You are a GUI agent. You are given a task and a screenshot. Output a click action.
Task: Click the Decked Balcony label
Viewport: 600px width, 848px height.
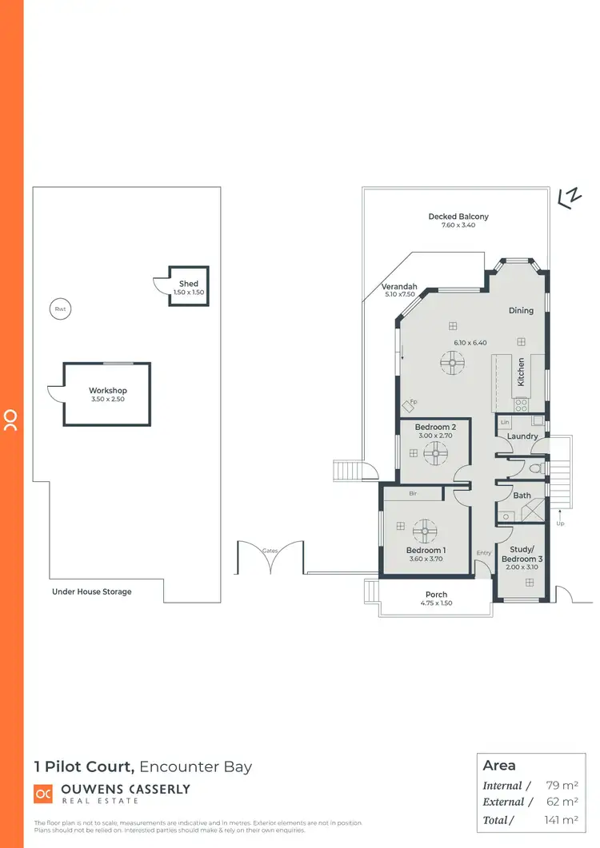coord(458,217)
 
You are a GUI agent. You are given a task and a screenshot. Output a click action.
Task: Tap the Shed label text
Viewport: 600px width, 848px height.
coord(189,284)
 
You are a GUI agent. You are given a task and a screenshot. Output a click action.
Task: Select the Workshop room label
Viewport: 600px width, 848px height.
coord(108,391)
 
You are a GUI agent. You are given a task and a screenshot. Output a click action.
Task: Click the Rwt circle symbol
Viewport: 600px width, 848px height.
coord(59,309)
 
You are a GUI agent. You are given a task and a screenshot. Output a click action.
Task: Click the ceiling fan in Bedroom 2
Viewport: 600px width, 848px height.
coord(437,454)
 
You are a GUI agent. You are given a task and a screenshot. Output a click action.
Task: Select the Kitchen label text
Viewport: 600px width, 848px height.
coord(521,372)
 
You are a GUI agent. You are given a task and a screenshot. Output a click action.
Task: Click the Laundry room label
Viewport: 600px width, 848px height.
coord(522,436)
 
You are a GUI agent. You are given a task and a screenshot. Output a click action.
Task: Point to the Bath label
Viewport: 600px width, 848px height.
coord(522,496)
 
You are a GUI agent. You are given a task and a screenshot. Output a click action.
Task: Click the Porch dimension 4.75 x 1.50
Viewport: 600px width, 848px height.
coord(436,603)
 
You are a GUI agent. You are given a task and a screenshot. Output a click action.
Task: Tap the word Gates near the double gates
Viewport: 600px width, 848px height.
coord(270,551)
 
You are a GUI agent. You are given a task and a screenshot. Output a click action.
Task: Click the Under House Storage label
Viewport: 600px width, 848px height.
coord(92,591)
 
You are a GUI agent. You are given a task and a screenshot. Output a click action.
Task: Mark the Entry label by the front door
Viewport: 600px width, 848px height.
coord(484,552)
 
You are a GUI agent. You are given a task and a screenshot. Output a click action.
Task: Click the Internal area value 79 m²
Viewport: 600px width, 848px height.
coord(563,786)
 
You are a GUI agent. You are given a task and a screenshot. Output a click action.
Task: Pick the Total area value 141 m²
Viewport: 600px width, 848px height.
coord(560,820)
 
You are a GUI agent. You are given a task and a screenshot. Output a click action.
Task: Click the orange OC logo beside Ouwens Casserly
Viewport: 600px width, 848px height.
coord(42,794)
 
